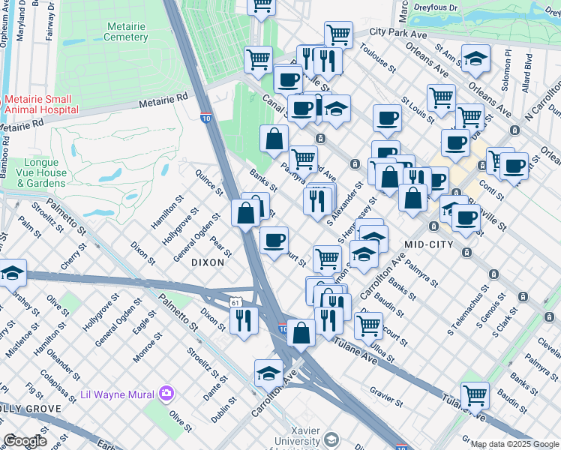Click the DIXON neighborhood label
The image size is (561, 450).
[208, 262]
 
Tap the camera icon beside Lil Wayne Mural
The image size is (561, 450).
[166, 394]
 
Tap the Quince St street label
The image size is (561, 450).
[209, 181]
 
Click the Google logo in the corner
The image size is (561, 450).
[25, 441]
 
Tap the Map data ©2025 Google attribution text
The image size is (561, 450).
[514, 444]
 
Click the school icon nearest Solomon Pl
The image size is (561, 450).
[475, 59]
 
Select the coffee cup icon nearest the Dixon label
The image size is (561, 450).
[274, 239]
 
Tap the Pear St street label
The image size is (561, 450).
[220, 245]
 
